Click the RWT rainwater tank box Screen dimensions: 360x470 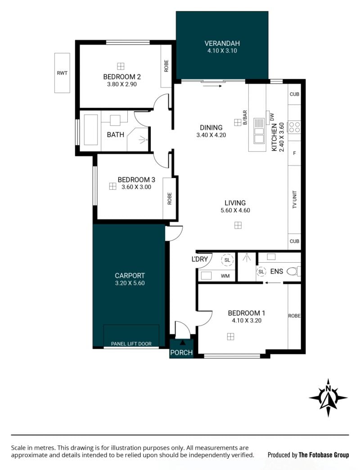click(x=62, y=73)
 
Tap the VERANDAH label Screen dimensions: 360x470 click(x=222, y=44)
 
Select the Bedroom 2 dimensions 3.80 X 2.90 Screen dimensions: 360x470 click(x=122, y=84)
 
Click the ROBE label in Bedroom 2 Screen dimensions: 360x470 click(x=166, y=66)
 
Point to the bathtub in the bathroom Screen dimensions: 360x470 click(x=90, y=130)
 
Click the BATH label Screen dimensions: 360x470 click(x=116, y=134)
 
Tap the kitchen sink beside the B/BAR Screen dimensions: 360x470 click(x=259, y=131)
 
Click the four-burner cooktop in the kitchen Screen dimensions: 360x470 click(x=294, y=127)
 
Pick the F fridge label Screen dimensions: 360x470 click(x=294, y=153)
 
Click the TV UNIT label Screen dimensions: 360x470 click(x=294, y=199)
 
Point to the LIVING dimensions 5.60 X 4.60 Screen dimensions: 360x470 click(x=235, y=210)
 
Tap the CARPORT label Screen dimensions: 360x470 click(x=130, y=275)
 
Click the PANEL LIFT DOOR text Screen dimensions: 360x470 click(x=131, y=344)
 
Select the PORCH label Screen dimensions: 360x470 click(x=181, y=353)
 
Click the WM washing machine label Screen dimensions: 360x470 click(x=225, y=276)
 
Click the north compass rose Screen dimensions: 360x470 click(x=328, y=398)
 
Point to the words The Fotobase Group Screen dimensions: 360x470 click(x=324, y=455)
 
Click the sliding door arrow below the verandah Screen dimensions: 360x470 click(x=212, y=86)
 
